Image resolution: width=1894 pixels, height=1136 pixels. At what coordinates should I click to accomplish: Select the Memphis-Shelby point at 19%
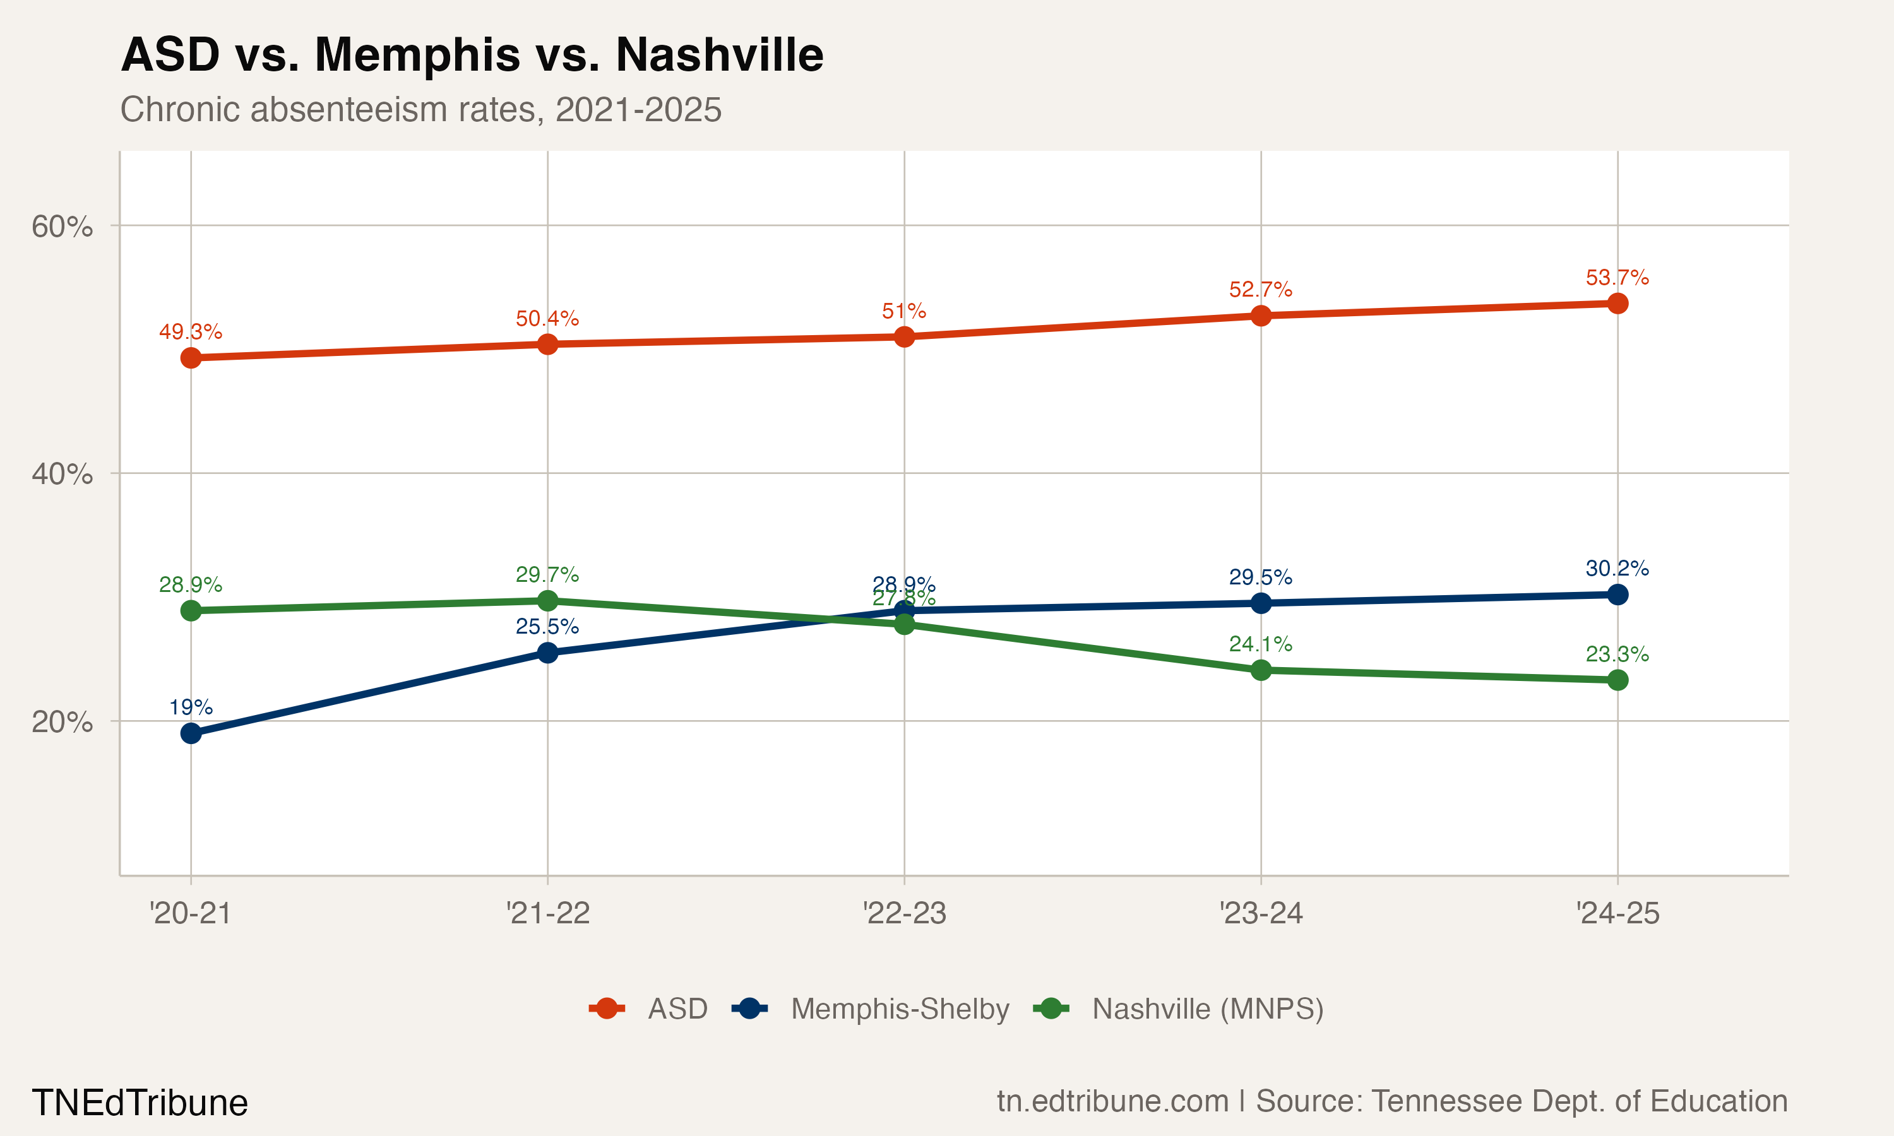tap(191, 733)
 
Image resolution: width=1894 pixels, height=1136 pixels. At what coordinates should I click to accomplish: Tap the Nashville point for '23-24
tap(1261, 670)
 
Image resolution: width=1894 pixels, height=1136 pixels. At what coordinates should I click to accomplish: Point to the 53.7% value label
tap(1617, 277)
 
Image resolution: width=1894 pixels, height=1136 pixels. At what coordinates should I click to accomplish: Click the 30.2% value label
tap(1617, 568)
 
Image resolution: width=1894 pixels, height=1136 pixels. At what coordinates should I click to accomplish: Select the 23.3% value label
tap(1617, 654)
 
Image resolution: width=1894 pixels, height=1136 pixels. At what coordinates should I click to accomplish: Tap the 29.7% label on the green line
tap(547, 574)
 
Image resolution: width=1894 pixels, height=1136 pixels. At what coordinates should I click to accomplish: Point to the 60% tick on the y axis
tap(62, 227)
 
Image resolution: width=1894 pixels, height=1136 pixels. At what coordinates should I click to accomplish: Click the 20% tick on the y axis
tap(62, 722)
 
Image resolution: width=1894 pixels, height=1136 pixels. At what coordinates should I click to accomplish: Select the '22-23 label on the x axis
tap(904, 913)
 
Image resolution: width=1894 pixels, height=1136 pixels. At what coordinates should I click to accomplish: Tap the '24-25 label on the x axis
tap(1617, 913)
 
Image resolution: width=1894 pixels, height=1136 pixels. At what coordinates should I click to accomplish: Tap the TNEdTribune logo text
tap(140, 1103)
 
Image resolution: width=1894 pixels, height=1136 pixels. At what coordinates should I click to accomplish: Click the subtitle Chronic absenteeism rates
tap(420, 109)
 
